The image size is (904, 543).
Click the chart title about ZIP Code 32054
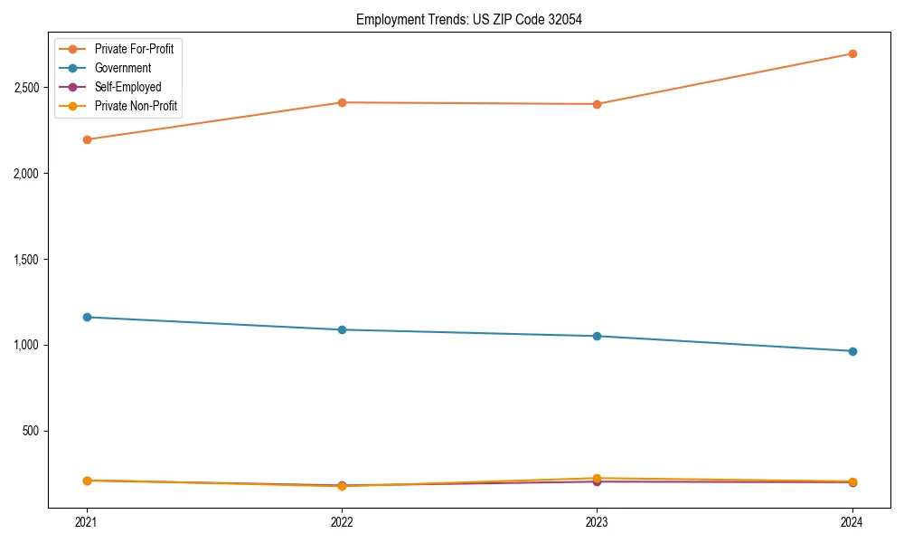point(468,19)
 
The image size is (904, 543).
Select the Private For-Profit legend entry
point(134,49)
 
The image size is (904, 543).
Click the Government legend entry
point(123,68)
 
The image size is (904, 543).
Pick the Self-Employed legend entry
point(127,87)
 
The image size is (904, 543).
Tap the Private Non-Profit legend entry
point(136,107)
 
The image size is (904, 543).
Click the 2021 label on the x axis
point(87,522)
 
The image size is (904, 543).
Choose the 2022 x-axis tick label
point(342,522)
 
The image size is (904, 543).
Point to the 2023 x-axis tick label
point(597,522)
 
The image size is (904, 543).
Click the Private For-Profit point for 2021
point(87,139)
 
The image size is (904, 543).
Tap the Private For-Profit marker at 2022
point(342,102)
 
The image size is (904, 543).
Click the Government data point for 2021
point(87,317)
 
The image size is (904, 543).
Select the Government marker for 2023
point(597,336)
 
